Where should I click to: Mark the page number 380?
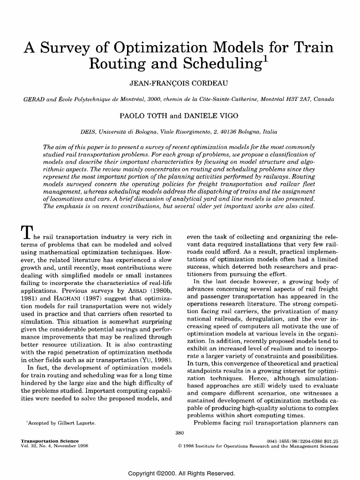180,432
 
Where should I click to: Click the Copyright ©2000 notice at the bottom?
180,473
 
